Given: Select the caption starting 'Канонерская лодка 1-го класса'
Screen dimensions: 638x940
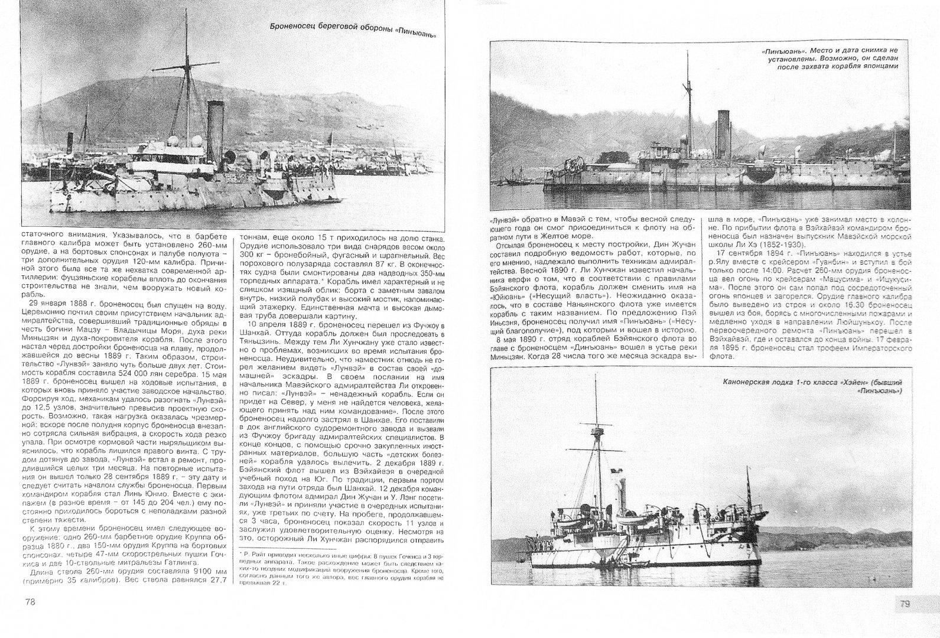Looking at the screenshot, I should tap(812, 386).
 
